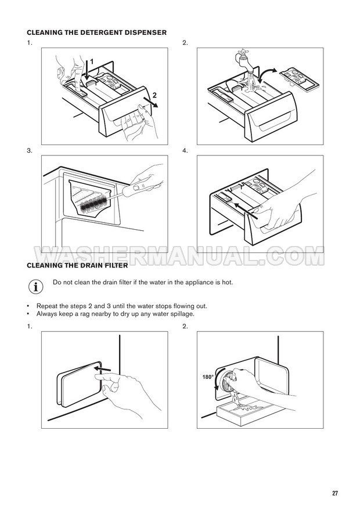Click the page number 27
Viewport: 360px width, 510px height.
point(335,493)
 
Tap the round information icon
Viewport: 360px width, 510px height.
point(35,287)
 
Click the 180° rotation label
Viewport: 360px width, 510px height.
point(208,377)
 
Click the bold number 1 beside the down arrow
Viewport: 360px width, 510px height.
point(92,62)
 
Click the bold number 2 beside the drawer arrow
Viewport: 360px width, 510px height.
point(154,95)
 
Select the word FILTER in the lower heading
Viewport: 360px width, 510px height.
point(116,265)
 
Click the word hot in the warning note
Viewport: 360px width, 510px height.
point(227,282)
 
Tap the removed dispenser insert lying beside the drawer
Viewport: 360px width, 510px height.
point(299,78)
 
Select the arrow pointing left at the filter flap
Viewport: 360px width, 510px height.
point(102,369)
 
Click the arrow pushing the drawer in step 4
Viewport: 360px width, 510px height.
point(246,211)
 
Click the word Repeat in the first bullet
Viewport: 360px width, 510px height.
point(46,306)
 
